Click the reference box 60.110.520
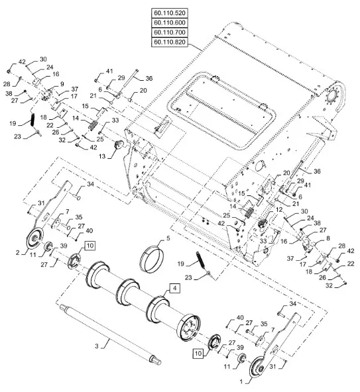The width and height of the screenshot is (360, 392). (x=170, y=13)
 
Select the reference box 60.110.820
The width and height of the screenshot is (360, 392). (x=170, y=42)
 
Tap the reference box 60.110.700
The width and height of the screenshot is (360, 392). (x=170, y=32)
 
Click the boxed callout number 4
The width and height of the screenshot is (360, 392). (x=175, y=288)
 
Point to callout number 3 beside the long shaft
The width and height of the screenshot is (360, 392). (x=97, y=346)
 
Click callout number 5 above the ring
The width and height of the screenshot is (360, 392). (x=168, y=238)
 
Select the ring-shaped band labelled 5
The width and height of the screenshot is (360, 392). (x=152, y=259)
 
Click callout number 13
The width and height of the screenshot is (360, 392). (x=102, y=156)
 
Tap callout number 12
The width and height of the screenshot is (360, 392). (x=279, y=209)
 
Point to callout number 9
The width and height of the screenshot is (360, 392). (x=62, y=84)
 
